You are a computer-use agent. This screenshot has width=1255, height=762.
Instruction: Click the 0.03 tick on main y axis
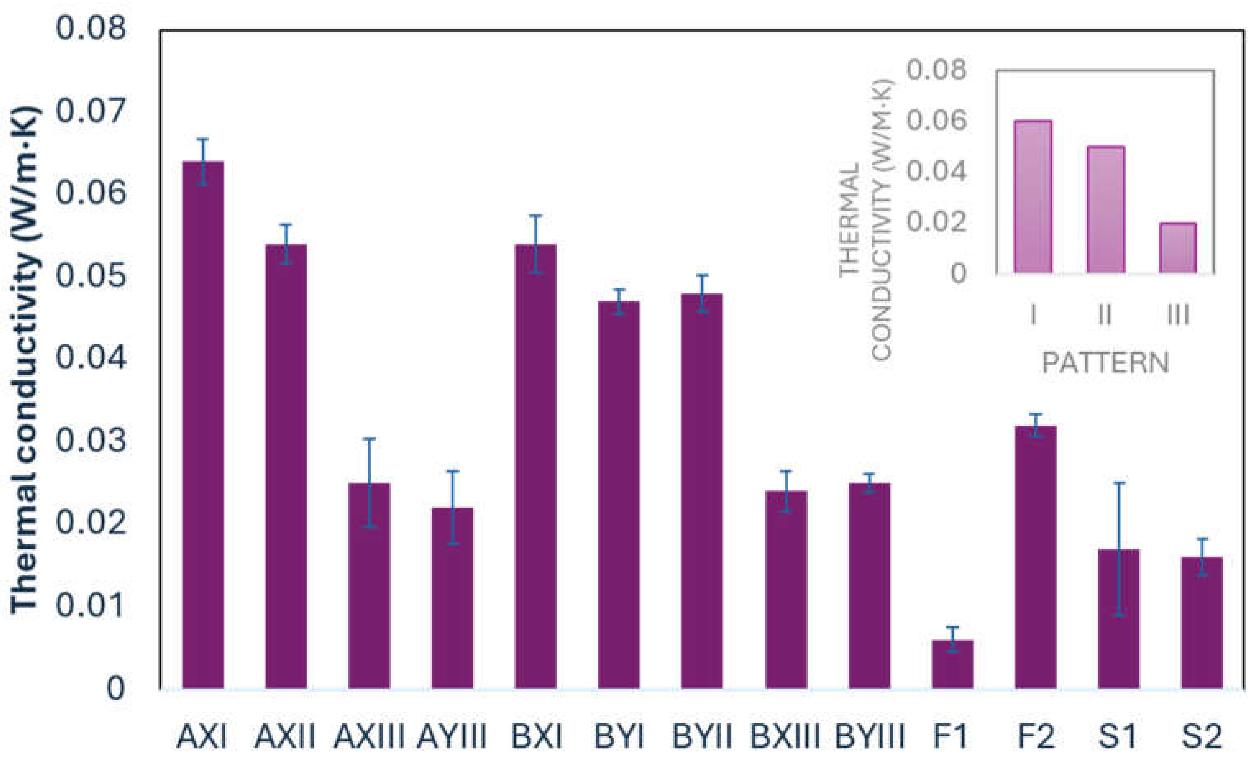pos(91,440)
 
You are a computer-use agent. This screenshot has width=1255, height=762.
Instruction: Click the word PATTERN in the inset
pos(1105,363)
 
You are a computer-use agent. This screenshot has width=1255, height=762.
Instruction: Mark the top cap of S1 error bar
pos(1118,482)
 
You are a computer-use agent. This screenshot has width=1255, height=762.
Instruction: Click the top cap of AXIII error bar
pos(369,438)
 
